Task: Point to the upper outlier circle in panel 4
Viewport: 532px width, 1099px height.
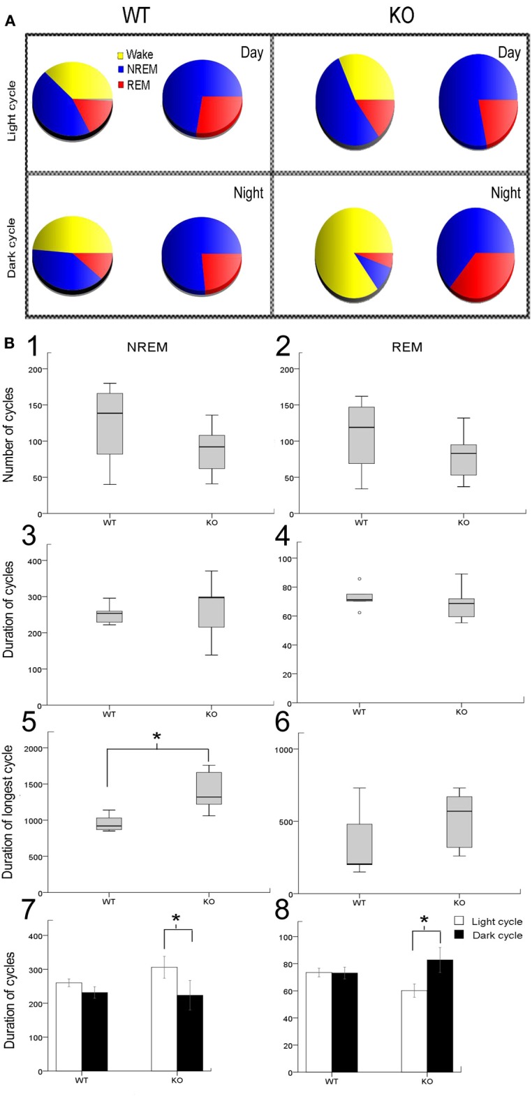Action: point(359,578)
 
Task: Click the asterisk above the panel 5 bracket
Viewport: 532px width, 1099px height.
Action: point(157,737)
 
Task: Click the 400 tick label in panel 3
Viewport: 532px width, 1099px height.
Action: point(32,561)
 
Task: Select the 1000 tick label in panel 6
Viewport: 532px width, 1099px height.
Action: point(283,749)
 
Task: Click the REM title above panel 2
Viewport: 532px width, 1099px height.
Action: point(406,347)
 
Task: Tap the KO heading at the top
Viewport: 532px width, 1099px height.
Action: point(401,15)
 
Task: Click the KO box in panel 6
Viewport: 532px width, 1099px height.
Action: point(459,822)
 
